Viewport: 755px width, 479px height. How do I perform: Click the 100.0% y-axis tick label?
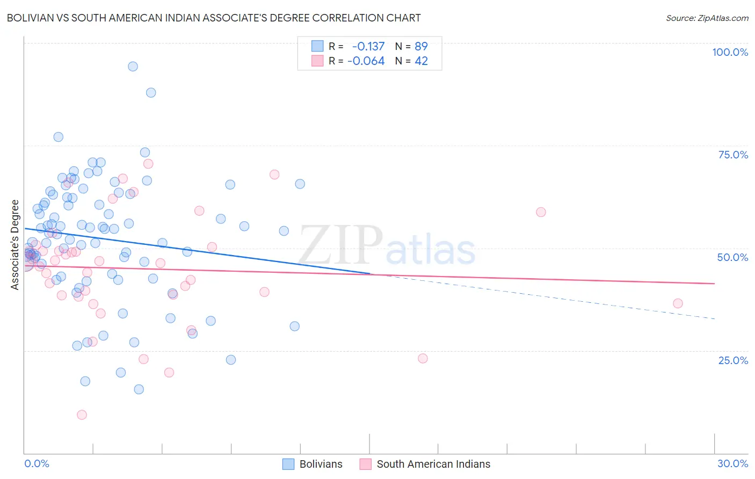pyautogui.click(x=730, y=52)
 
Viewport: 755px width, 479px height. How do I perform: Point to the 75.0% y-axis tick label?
pyautogui.click(x=733, y=155)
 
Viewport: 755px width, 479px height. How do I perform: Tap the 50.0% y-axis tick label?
pyautogui.click(x=732, y=257)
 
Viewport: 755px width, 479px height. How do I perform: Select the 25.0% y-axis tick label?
pyautogui.click(x=733, y=360)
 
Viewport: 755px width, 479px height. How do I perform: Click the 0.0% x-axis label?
pyautogui.click(x=37, y=463)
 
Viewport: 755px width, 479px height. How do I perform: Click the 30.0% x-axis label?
pyautogui.click(x=732, y=463)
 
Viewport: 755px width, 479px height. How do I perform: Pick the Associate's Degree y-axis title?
pyautogui.click(x=15, y=245)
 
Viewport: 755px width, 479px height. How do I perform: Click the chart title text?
pyautogui.click(x=214, y=18)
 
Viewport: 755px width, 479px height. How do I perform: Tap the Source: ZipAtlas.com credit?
pyautogui.click(x=707, y=18)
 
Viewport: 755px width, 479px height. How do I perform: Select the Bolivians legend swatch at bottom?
pyautogui.click(x=288, y=464)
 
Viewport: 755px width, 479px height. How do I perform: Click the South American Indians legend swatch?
pyautogui.click(x=366, y=464)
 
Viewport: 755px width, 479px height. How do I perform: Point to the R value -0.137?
pyautogui.click(x=368, y=46)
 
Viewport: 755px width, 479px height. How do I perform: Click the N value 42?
pyautogui.click(x=421, y=61)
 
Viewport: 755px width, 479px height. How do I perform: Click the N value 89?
pyautogui.click(x=421, y=46)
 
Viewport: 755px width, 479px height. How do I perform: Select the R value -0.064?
pyautogui.click(x=366, y=61)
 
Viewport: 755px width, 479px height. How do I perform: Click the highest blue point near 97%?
pyautogui.click(x=133, y=67)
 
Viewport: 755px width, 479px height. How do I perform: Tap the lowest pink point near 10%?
pyautogui.click(x=82, y=415)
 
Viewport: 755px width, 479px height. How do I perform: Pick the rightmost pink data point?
pyautogui.click(x=678, y=303)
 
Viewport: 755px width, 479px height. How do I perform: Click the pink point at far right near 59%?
pyautogui.click(x=541, y=212)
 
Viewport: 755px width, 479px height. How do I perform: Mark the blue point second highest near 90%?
pyautogui.click(x=151, y=93)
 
